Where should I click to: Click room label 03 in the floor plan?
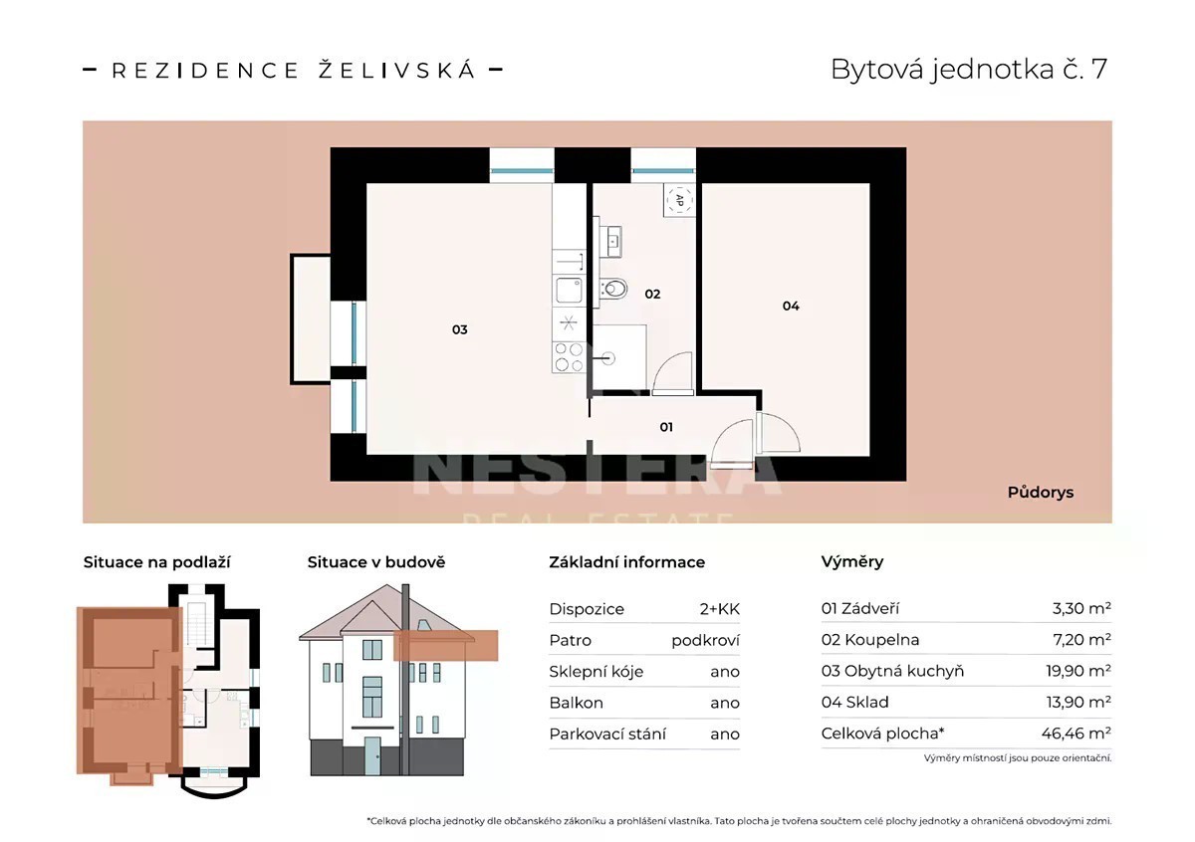tap(459, 329)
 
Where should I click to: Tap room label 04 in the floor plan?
tap(791, 307)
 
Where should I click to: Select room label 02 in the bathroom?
tap(652, 294)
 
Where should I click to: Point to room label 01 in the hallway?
tap(666, 427)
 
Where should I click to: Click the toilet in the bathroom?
tap(613, 289)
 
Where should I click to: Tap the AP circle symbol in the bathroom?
tap(679, 200)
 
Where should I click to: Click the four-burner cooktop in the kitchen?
tap(569, 357)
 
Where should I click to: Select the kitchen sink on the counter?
tap(569, 291)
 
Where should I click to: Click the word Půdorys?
tap(1041, 493)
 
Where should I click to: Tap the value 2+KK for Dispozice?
tap(720, 609)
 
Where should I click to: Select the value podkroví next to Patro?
tap(705, 640)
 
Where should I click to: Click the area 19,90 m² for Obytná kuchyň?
tap(1078, 670)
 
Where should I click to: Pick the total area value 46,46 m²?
tap(1076, 734)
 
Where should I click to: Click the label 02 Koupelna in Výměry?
tap(870, 639)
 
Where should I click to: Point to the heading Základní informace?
tap(626, 562)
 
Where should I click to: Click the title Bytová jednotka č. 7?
tap(969, 70)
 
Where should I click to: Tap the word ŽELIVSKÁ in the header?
tap(396, 70)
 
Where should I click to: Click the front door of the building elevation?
tap(372, 756)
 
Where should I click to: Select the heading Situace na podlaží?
tap(157, 562)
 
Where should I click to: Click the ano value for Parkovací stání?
tap(725, 735)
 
